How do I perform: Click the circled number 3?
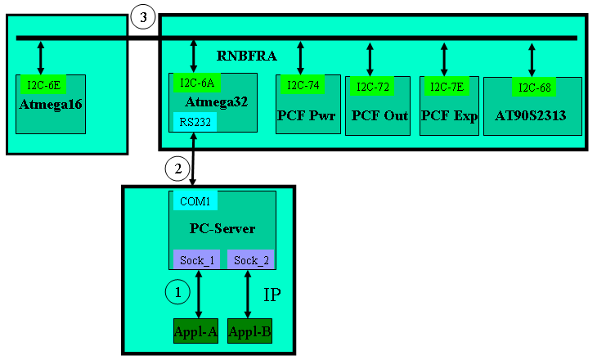tap(143, 17)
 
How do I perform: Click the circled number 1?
tap(177, 290)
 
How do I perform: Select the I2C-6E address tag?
tap(43, 83)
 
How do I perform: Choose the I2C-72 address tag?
tap(371, 86)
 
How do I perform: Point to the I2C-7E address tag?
tap(445, 85)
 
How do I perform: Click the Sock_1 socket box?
tap(196, 260)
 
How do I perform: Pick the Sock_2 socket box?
tap(250, 260)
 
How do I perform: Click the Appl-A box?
tap(195, 331)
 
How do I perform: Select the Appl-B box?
tap(249, 331)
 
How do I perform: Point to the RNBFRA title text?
tap(247, 56)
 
